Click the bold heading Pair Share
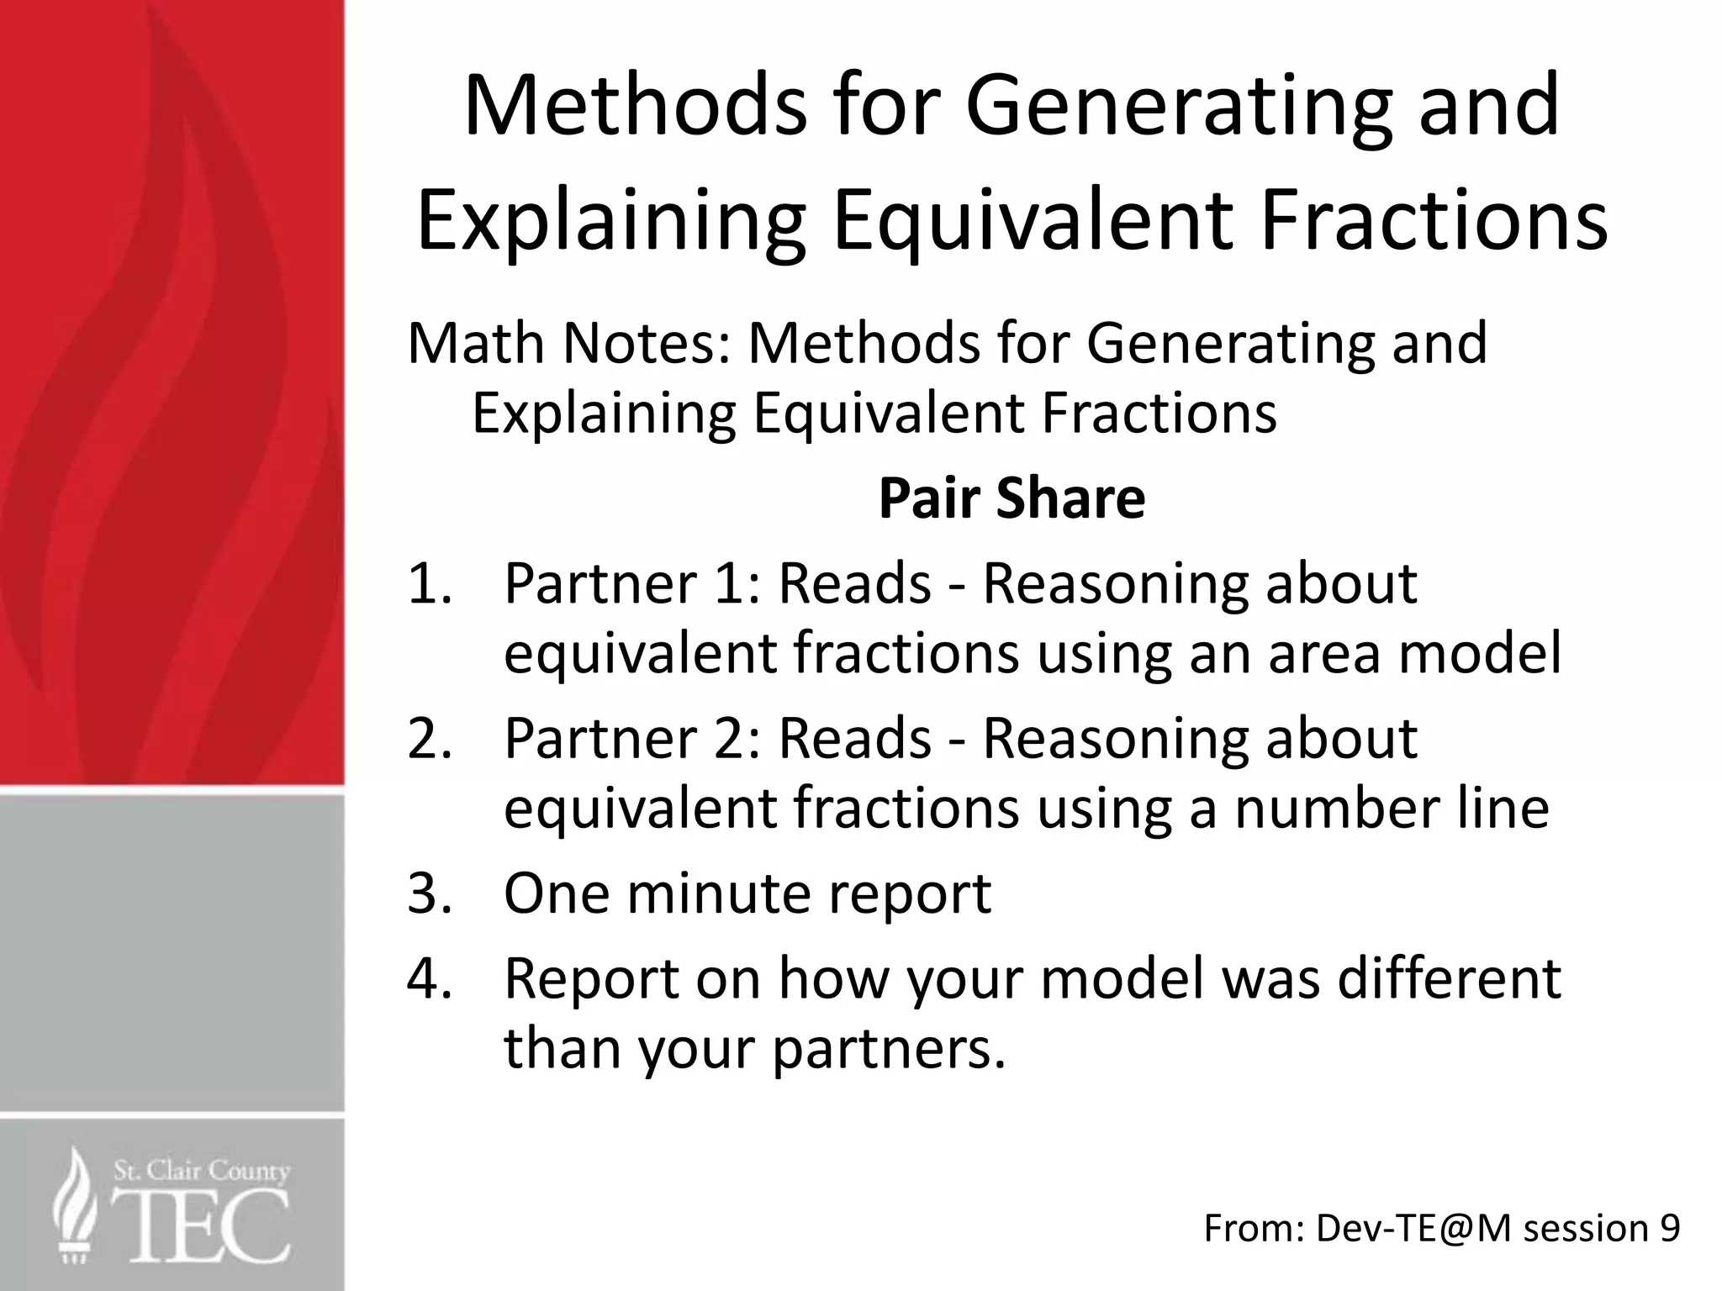tap(1012, 498)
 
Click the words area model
tap(1414, 653)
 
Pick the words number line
tap(1392, 808)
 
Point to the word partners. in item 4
tap(889, 1049)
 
